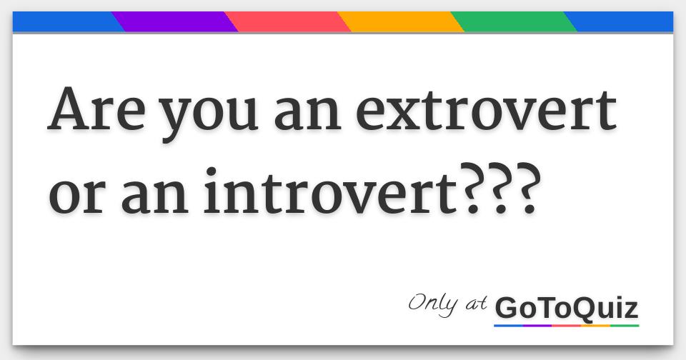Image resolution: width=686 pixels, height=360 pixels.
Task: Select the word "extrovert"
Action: (486, 111)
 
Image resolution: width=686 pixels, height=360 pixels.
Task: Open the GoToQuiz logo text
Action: (566, 309)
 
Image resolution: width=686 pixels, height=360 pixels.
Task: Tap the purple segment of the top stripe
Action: (174, 22)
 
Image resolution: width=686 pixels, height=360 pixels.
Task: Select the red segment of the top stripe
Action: (288, 22)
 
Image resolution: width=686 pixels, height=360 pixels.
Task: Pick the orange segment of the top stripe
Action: (401, 22)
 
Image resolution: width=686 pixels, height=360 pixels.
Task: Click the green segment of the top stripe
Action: (514, 22)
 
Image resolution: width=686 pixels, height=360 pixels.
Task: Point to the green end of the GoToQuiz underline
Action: (625, 326)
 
